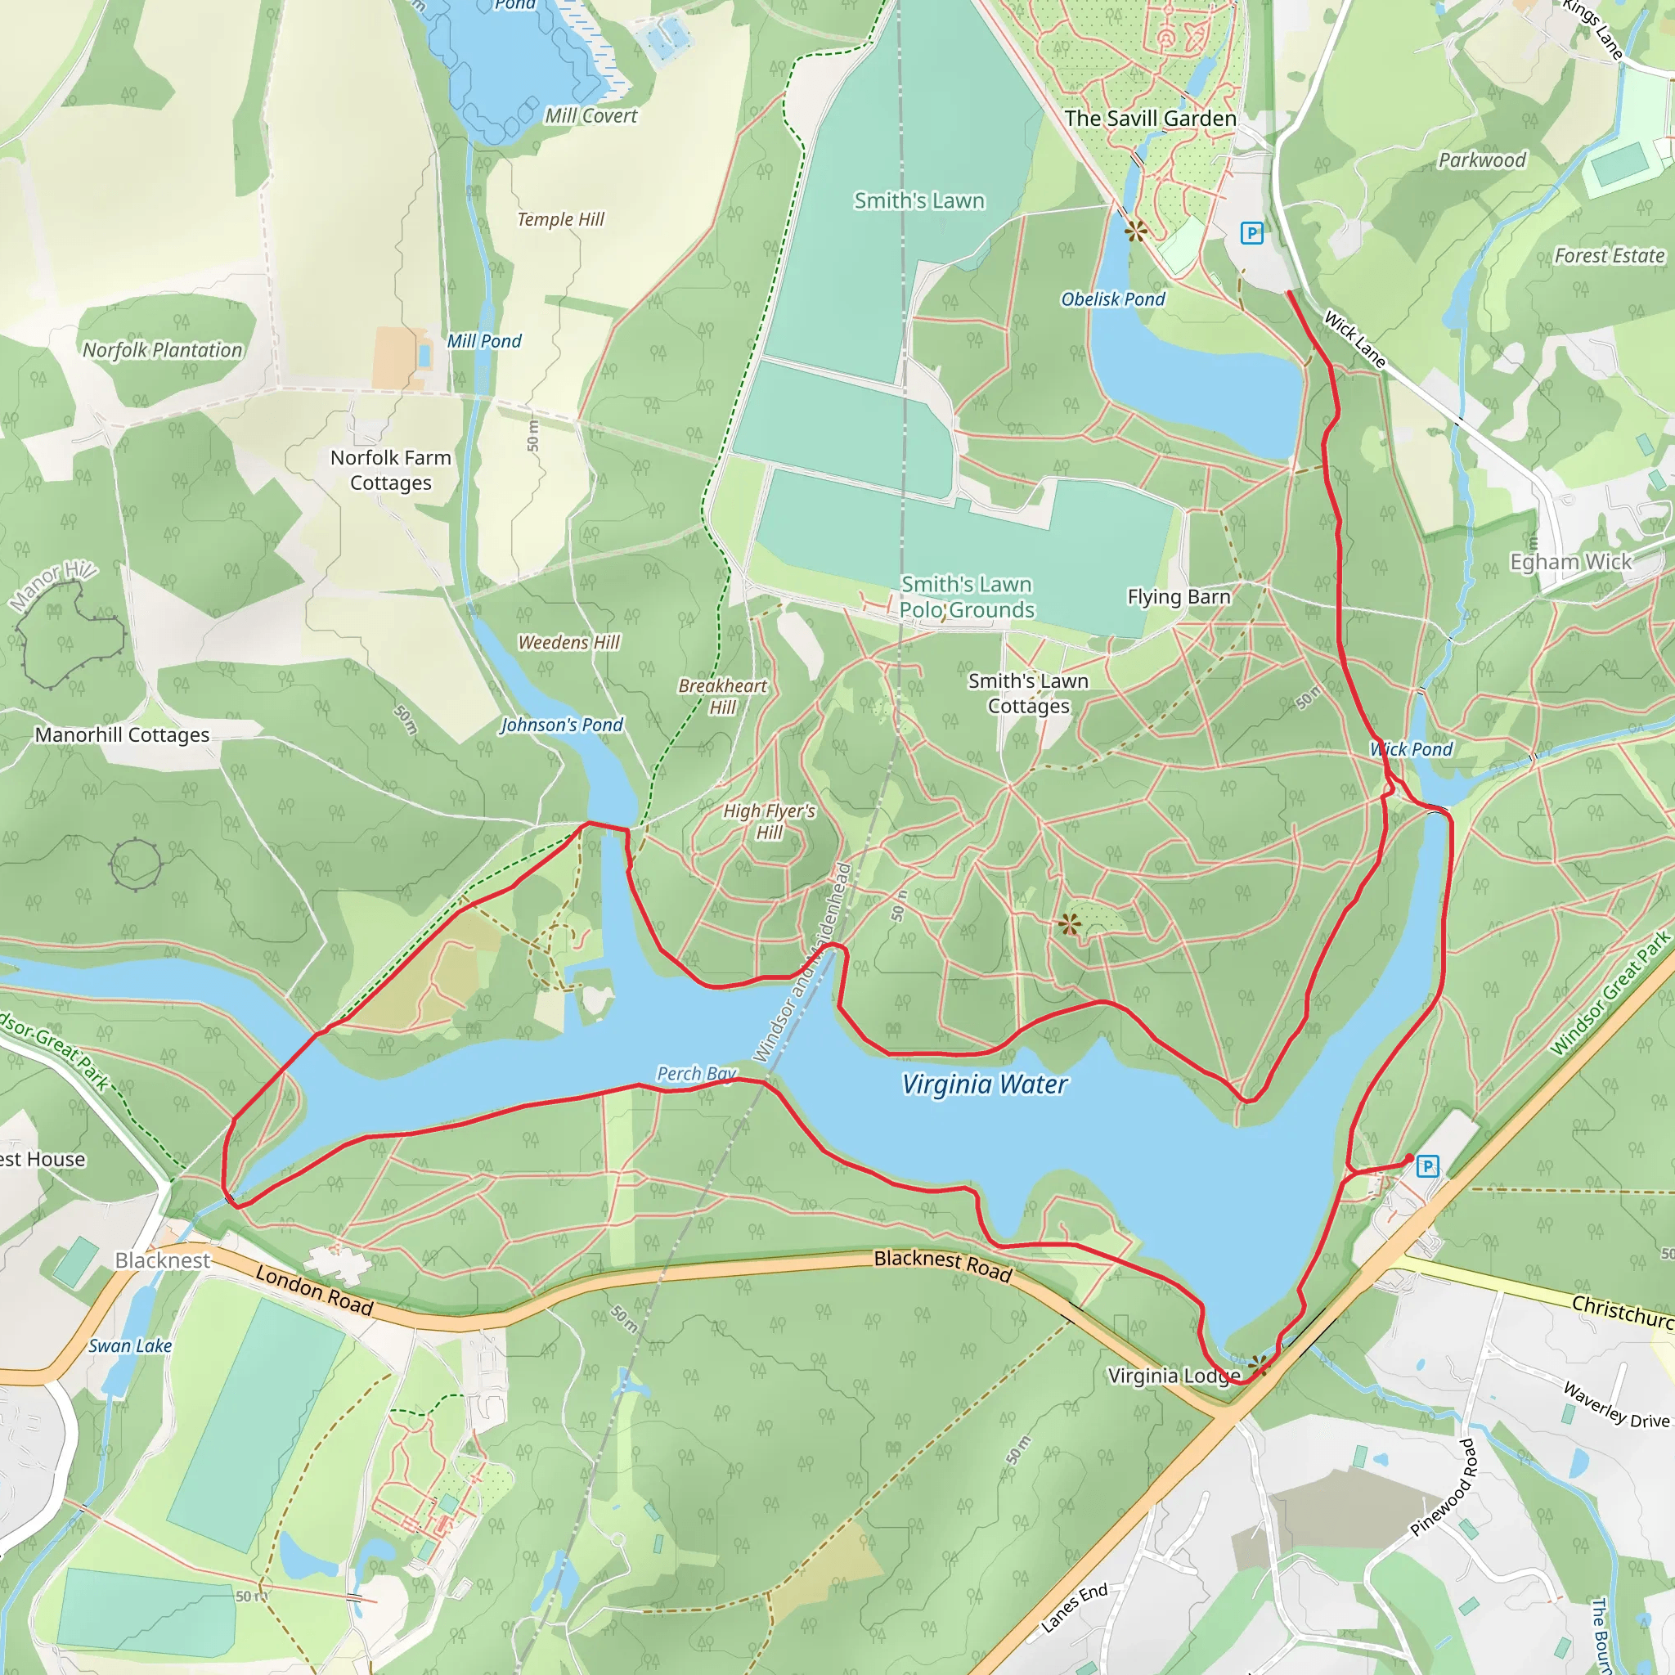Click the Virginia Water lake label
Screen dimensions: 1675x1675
point(985,1084)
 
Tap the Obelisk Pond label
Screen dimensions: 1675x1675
point(1113,299)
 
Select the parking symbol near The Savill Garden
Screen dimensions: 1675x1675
point(1251,232)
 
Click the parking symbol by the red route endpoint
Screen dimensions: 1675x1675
point(1427,1166)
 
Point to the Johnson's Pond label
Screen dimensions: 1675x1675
point(562,725)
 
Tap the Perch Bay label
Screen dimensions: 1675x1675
point(696,1073)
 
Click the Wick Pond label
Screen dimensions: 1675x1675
point(1412,749)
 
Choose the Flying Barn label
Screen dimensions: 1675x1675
point(1179,596)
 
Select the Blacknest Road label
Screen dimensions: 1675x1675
point(942,1265)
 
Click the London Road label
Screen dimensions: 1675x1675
point(315,1290)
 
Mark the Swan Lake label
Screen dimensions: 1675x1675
point(130,1345)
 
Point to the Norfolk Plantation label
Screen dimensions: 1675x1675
point(162,350)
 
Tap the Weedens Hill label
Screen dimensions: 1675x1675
point(568,642)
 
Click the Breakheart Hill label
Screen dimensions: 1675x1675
point(722,696)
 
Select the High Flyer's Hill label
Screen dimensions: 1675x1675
point(769,821)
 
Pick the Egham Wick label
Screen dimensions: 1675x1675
point(1570,562)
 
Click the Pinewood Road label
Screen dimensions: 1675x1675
point(1443,1487)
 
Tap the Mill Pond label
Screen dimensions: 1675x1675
point(484,342)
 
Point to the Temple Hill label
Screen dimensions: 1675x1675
point(560,219)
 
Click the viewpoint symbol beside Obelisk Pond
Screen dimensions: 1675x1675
point(1135,231)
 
